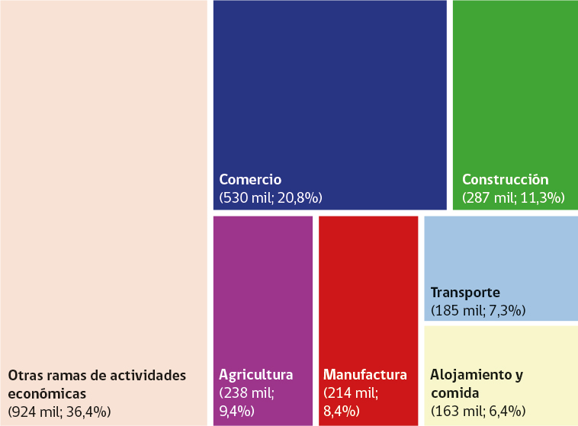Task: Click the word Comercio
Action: coord(250,180)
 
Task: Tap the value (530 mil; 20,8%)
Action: coord(271,198)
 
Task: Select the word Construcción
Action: coord(505,180)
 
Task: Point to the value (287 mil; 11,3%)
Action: coord(512,198)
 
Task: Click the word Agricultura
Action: coord(256,375)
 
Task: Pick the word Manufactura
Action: coord(365,375)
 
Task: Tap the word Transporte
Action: coord(465,293)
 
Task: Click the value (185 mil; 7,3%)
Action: coord(477,311)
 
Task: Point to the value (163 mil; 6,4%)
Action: coord(477,412)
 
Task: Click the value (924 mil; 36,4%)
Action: coord(59,412)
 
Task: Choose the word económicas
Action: coord(47,393)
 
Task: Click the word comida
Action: coord(454,393)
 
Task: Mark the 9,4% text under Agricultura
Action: coord(236,412)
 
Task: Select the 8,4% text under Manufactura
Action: coord(341,412)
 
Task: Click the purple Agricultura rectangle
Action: coord(262,290)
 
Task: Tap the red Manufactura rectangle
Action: coord(368,290)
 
